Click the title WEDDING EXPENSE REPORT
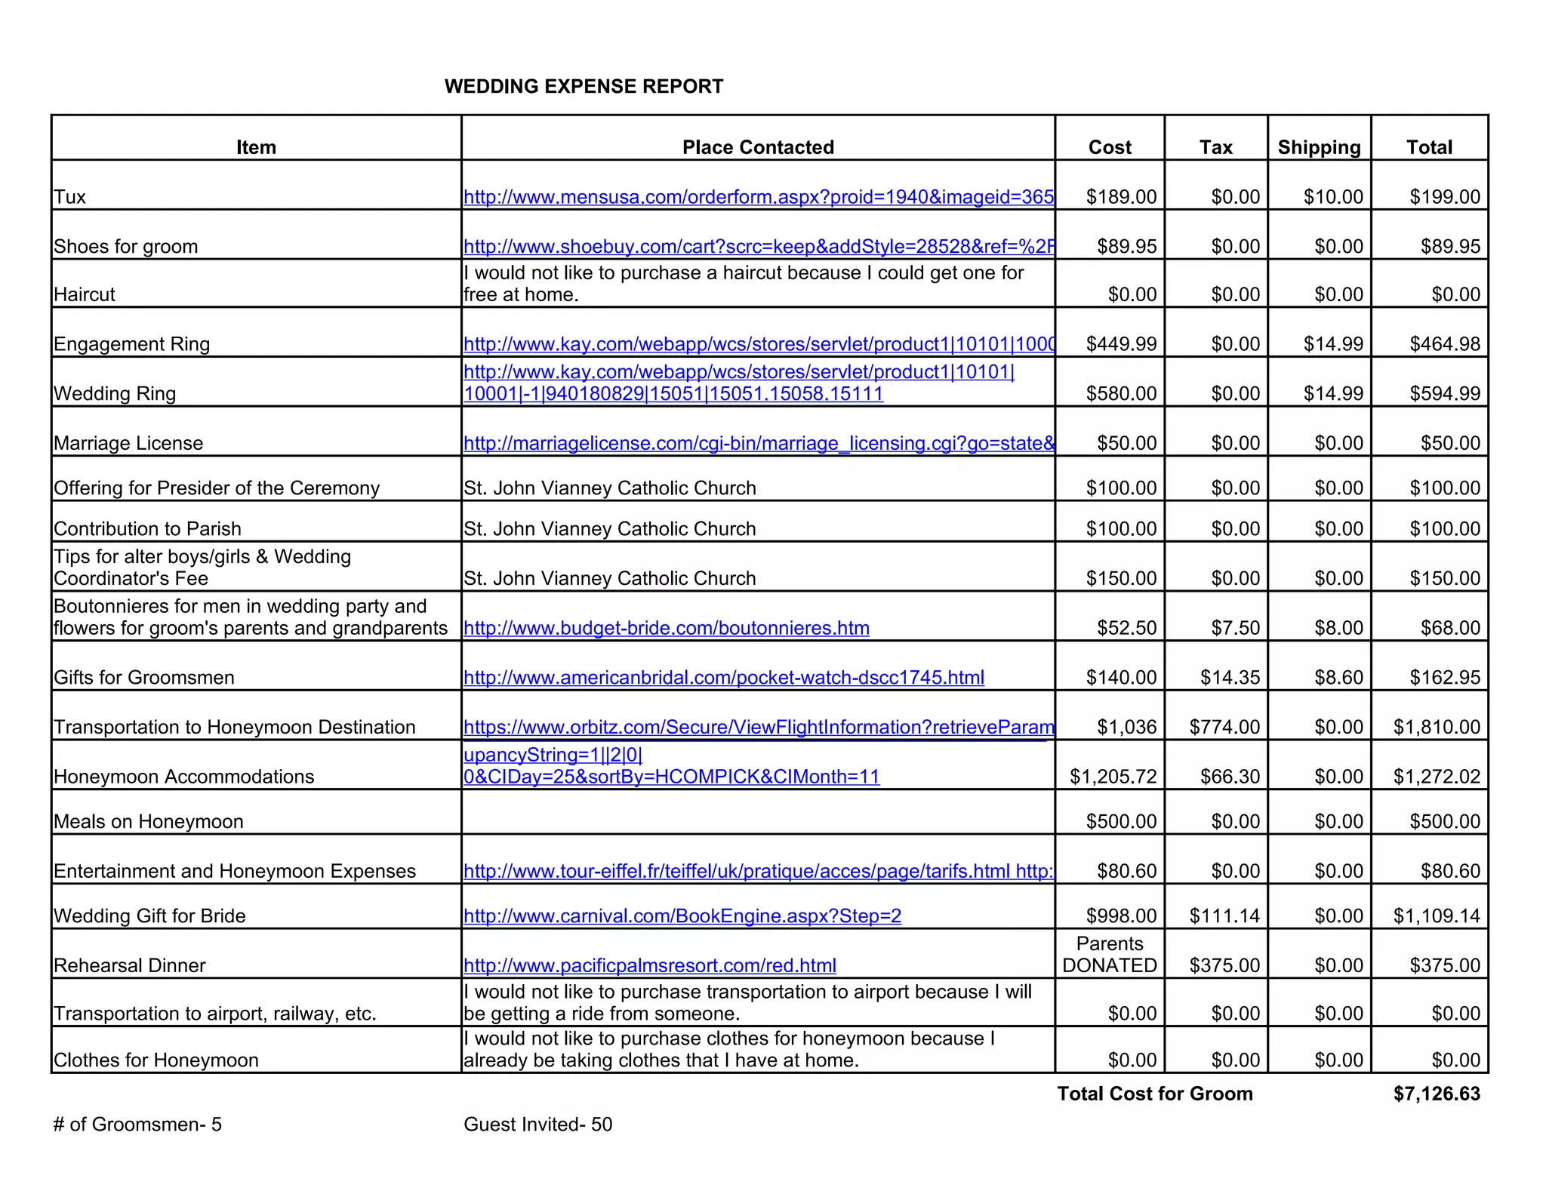[584, 86]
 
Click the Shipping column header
[1319, 147]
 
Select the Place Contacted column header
[758, 147]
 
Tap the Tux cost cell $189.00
[1120, 197]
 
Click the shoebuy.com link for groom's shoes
[758, 247]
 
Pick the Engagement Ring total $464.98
[1444, 344]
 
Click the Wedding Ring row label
[115, 393]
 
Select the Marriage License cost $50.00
[1126, 443]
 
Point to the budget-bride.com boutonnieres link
[666, 628]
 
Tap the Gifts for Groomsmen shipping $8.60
[1338, 678]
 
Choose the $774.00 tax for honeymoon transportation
[1224, 727]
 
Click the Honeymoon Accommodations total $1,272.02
[1437, 777]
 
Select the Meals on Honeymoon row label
[149, 821]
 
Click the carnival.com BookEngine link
[682, 916]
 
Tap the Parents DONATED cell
[1110, 955]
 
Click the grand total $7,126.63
[1437, 1094]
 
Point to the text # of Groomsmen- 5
[137, 1125]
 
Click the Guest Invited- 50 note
[537, 1125]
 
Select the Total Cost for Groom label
[1155, 1094]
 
